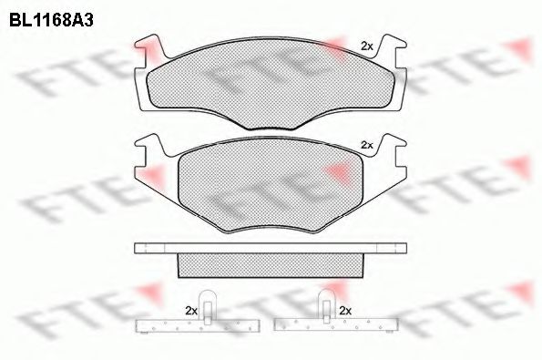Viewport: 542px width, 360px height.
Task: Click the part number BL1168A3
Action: point(51,21)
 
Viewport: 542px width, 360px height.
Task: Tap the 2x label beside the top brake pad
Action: point(367,46)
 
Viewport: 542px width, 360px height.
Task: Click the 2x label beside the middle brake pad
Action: point(367,145)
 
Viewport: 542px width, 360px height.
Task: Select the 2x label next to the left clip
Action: point(191,311)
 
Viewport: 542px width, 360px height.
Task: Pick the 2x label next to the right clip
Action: point(345,311)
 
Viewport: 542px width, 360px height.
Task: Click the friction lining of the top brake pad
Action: point(271,83)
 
